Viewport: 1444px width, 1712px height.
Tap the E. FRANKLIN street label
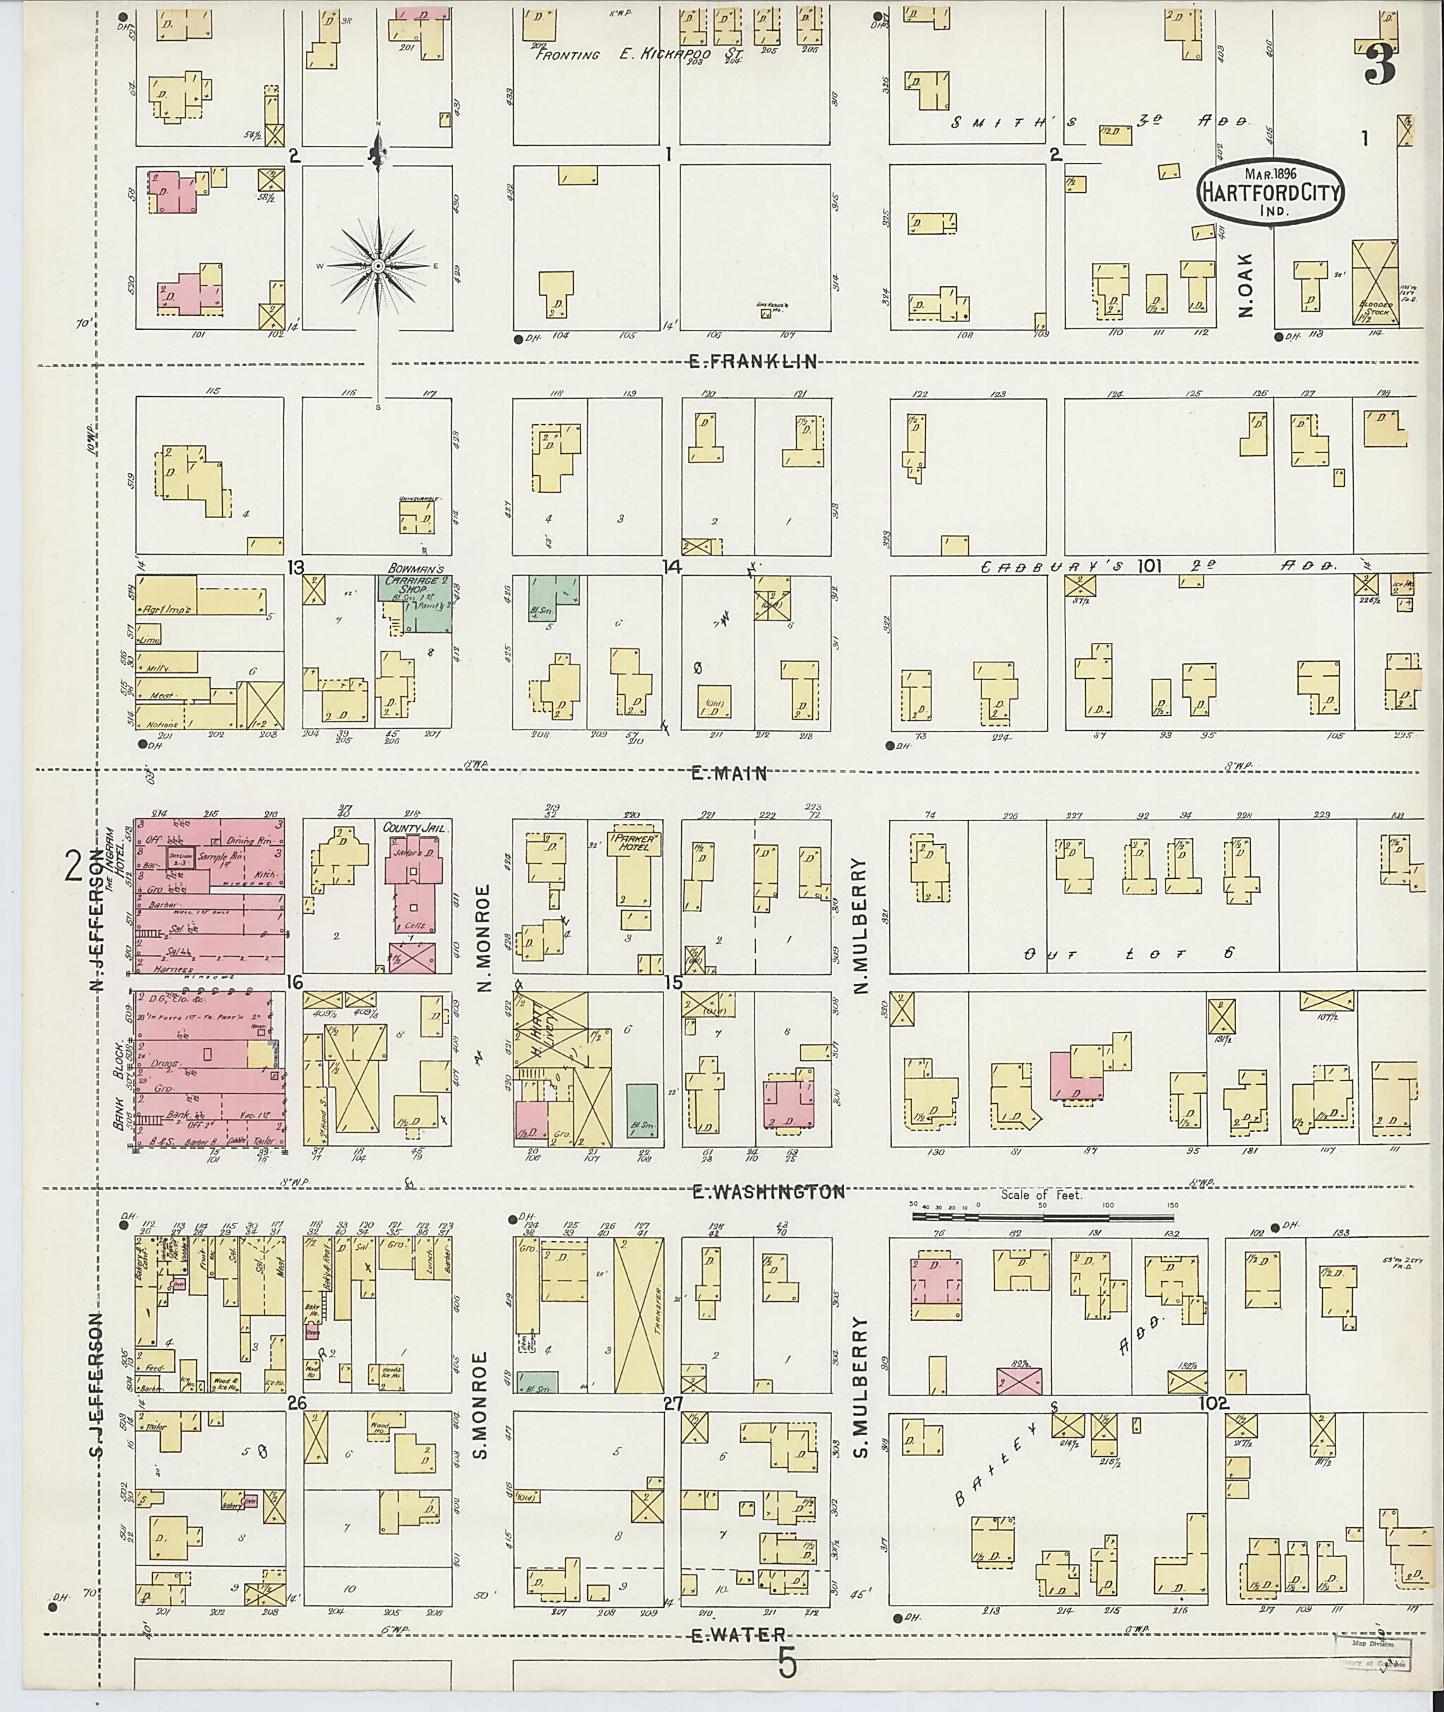753,362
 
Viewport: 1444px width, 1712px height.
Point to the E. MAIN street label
728,772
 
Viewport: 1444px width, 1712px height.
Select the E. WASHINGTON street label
768,1193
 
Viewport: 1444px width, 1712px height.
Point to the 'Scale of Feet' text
1041,1195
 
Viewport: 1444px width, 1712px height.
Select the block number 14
672,565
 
